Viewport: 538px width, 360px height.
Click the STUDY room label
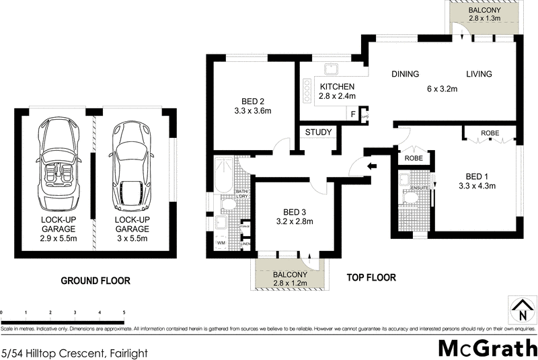tap(319, 132)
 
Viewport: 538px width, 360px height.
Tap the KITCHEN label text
tap(337, 87)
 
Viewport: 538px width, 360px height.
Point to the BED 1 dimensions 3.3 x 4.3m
tap(477, 186)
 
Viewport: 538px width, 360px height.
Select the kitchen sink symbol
tap(331, 69)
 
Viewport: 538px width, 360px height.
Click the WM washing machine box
tap(221, 243)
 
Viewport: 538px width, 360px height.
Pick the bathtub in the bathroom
tap(222, 175)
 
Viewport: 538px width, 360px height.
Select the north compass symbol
tap(522, 311)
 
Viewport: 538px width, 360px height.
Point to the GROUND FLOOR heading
tap(95, 281)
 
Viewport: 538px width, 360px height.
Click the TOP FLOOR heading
tap(371, 277)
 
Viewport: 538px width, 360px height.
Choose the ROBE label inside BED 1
tap(490, 133)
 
